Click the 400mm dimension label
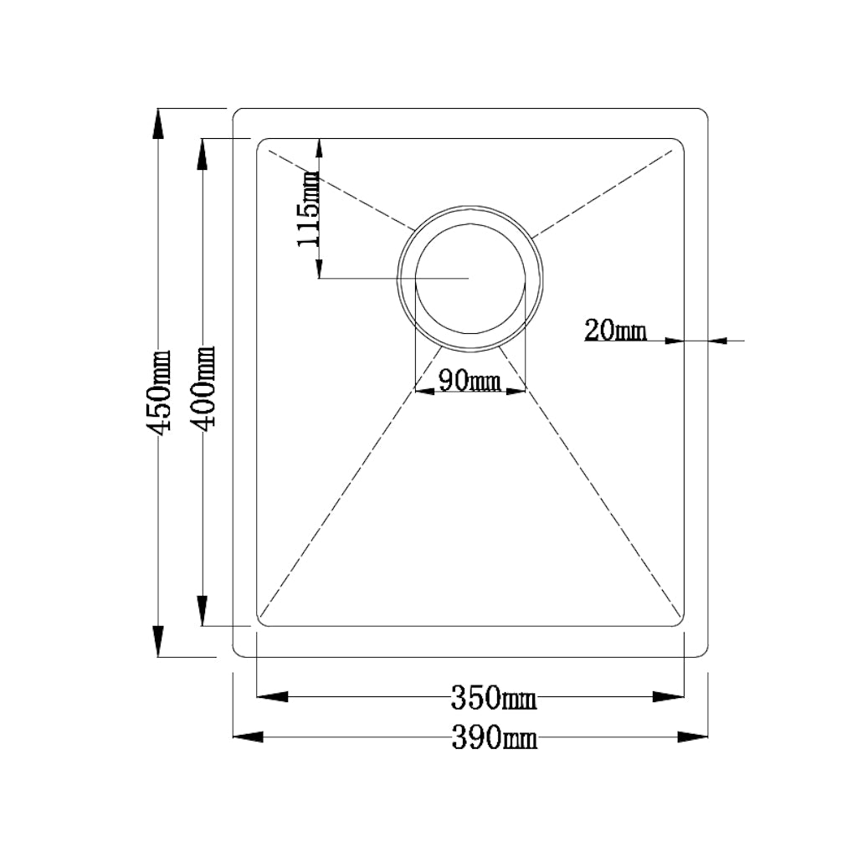click(x=203, y=387)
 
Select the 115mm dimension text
click(x=308, y=209)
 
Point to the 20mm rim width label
click(x=615, y=331)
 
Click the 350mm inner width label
click(x=494, y=697)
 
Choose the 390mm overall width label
click(x=494, y=737)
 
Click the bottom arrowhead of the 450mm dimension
click(x=157, y=642)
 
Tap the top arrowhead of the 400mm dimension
click(x=202, y=154)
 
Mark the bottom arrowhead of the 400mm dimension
click(x=202, y=610)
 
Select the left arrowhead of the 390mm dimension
click(x=248, y=736)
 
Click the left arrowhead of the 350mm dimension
click(x=272, y=696)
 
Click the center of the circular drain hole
click(x=471, y=278)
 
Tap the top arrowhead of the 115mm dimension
click(x=319, y=151)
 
